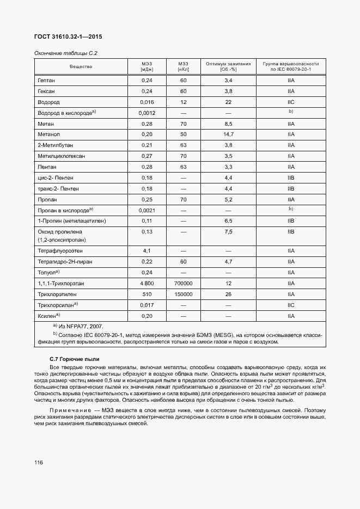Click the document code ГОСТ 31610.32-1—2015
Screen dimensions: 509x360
(x=68, y=36)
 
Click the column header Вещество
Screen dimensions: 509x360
(x=81, y=66)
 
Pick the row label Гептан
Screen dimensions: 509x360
(x=46, y=80)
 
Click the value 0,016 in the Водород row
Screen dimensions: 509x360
(x=147, y=102)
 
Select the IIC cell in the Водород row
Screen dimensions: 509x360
(x=291, y=102)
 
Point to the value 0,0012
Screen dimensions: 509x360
(x=147, y=113)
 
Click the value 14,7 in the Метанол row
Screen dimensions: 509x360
(x=228, y=134)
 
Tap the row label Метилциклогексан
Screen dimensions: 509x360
(x=61, y=156)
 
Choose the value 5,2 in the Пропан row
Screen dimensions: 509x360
(x=228, y=199)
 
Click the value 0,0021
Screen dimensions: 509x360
(x=147, y=210)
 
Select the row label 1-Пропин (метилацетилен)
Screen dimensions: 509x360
(x=71, y=221)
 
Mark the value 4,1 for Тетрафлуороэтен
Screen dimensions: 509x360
(x=147, y=251)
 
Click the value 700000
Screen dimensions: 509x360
(x=183, y=284)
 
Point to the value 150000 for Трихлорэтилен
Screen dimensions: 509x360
(x=183, y=295)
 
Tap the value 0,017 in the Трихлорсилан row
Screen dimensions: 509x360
(x=147, y=305)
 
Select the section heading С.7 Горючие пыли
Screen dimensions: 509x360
(x=74, y=359)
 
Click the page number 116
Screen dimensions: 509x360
(x=38, y=463)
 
